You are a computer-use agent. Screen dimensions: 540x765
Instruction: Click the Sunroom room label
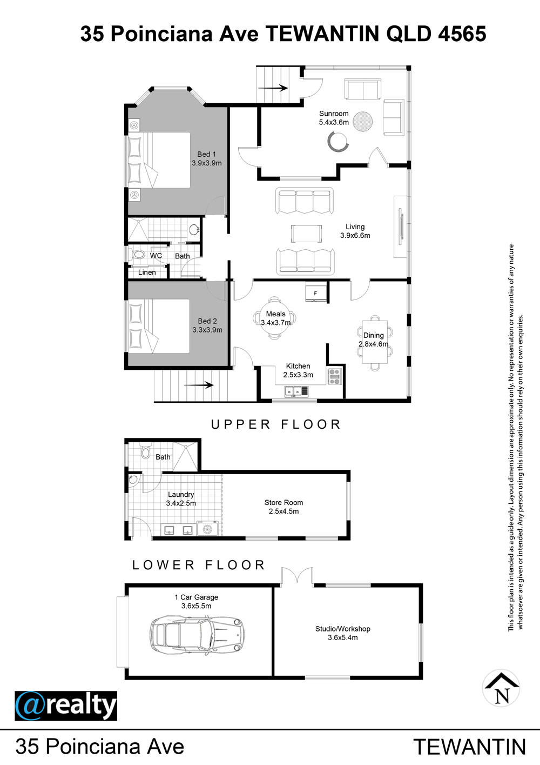pos(334,114)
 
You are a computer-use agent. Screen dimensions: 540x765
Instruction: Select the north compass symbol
pos(501,688)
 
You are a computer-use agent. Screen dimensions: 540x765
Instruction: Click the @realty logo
pos(66,706)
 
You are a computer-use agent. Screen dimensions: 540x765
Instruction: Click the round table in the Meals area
pos(275,318)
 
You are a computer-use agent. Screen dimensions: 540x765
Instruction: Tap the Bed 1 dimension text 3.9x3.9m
pos(207,163)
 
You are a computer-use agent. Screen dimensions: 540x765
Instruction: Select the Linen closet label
pos(147,272)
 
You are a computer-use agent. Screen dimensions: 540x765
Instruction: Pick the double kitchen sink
pos(296,391)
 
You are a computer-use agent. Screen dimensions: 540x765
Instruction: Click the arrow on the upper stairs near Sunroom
pos(273,88)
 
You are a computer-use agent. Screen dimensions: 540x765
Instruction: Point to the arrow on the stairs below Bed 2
pos(199,385)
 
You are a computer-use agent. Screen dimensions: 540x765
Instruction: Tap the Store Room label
pos(284,503)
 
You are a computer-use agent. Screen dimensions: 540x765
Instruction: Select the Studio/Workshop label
pos(343,629)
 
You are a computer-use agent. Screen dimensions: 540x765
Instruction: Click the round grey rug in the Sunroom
pos(362,121)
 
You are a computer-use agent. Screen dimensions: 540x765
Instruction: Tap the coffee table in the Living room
pos(306,234)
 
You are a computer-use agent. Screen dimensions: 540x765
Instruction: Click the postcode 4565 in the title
pos(462,34)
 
